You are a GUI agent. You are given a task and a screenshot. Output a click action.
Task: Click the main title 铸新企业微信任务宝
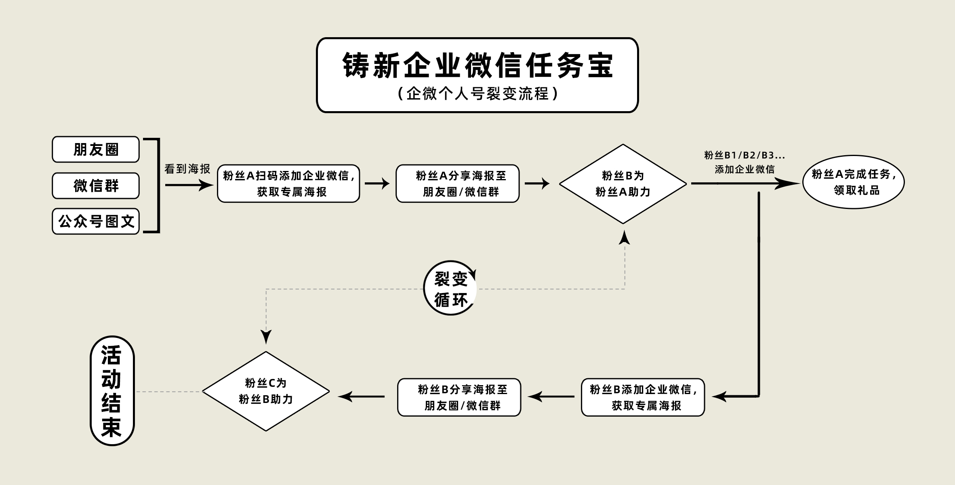(477, 65)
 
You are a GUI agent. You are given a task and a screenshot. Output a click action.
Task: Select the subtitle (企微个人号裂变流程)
(477, 94)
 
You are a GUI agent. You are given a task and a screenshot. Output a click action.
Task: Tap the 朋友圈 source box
(96, 150)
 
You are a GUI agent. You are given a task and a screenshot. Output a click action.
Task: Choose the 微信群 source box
(96, 186)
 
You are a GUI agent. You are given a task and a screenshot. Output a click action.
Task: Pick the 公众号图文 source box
(96, 221)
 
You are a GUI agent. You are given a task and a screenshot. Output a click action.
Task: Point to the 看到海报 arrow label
(187, 169)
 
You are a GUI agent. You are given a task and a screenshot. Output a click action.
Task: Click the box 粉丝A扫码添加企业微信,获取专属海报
(288, 183)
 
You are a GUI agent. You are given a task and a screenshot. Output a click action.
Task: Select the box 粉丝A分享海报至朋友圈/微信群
(458, 183)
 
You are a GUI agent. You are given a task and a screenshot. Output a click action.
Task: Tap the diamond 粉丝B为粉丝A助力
(623, 184)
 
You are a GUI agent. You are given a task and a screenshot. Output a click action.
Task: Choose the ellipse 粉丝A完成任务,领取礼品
(853, 182)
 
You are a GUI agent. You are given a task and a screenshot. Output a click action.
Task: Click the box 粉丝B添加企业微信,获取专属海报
(643, 397)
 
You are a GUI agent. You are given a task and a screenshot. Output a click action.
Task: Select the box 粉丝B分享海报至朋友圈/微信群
(459, 397)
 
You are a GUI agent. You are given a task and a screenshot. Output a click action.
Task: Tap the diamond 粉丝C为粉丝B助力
(266, 391)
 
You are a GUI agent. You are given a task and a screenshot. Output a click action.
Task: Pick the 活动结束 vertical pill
(111, 391)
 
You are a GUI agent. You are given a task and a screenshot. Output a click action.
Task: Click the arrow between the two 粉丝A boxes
(377, 183)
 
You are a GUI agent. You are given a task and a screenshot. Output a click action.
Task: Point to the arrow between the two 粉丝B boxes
(551, 396)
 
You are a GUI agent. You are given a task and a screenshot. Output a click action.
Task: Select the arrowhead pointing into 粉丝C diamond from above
(266, 336)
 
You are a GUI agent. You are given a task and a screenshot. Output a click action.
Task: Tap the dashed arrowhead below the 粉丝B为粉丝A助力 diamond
(625, 238)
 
